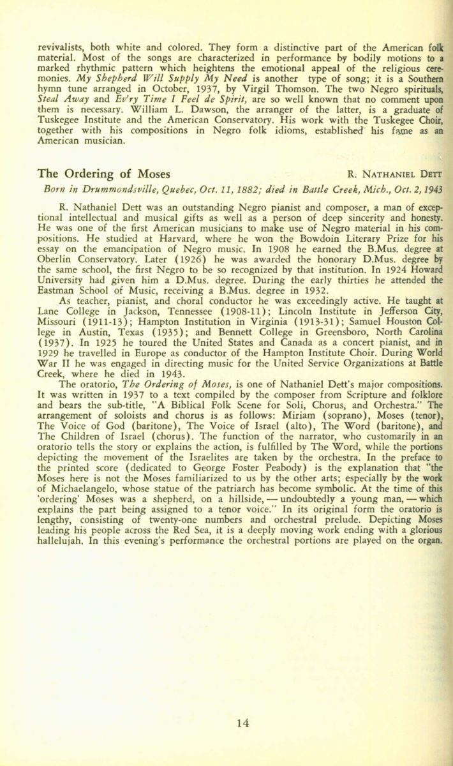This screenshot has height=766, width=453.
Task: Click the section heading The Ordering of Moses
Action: click(104, 174)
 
